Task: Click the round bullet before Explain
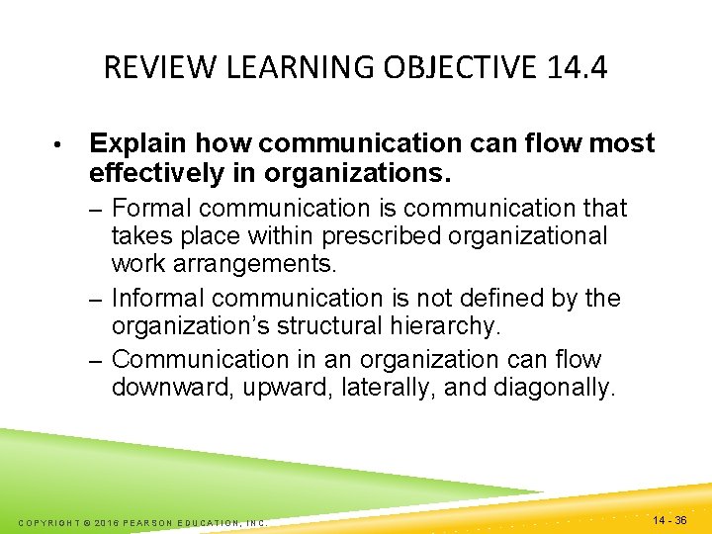click(x=60, y=145)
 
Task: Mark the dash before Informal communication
click(x=97, y=299)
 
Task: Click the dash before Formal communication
click(x=97, y=209)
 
